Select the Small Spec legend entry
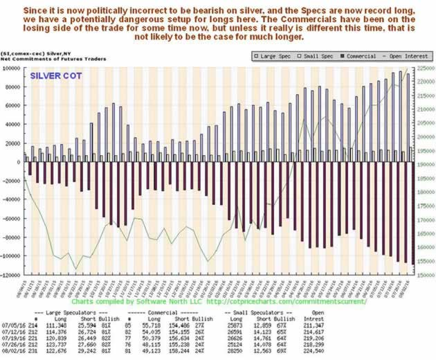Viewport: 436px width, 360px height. (316, 56)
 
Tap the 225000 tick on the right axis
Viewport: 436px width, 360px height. (424, 69)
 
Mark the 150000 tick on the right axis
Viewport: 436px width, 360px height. (424, 275)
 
